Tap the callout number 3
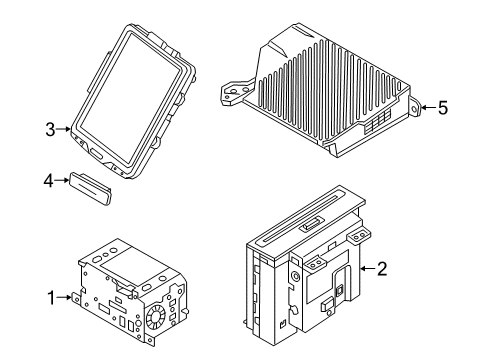point(50,128)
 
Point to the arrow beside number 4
point(63,181)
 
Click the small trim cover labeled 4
point(91,186)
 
